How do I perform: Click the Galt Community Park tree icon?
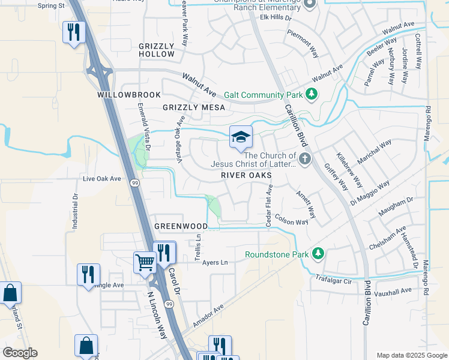(x=311, y=94)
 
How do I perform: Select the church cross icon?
(x=305, y=159)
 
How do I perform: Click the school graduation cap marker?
(x=241, y=137)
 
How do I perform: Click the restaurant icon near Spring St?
(x=74, y=32)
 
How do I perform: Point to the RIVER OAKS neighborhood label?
(x=246, y=175)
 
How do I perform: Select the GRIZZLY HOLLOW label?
(x=156, y=50)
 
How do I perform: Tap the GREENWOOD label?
(x=181, y=226)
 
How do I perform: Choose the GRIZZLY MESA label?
(x=193, y=107)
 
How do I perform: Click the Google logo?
(x=20, y=353)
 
